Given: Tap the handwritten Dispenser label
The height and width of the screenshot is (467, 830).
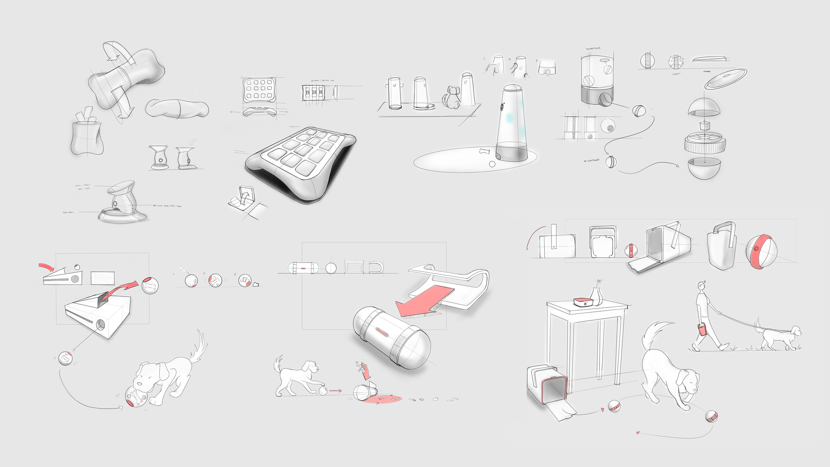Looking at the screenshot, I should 593,49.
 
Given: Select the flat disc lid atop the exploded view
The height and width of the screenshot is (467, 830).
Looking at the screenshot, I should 726,78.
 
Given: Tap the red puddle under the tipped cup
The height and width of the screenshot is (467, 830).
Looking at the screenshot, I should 382,399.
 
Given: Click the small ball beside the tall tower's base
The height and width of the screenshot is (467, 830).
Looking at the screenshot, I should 492,164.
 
